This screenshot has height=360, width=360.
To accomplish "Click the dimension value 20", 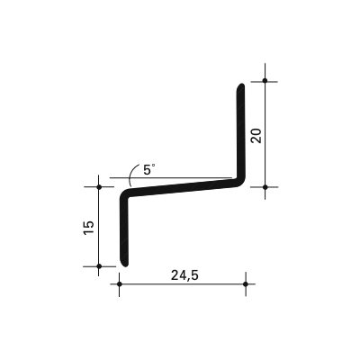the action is click(x=256, y=136).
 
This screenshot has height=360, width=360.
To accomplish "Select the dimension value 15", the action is click(x=89, y=228).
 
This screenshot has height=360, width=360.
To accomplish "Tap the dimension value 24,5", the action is click(x=184, y=275).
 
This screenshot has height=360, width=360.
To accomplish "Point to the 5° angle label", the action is click(x=149, y=169).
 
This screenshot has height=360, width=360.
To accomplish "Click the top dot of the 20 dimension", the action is click(x=265, y=80).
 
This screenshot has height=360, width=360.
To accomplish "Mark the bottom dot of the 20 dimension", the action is click(x=265, y=187).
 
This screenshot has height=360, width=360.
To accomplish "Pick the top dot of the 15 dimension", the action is click(x=99, y=187).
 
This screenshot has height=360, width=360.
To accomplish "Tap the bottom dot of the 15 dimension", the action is click(x=99, y=266).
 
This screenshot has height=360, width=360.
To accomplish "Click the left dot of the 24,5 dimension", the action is click(x=120, y=283).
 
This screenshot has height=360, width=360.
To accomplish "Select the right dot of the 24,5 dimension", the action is click(x=246, y=283).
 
